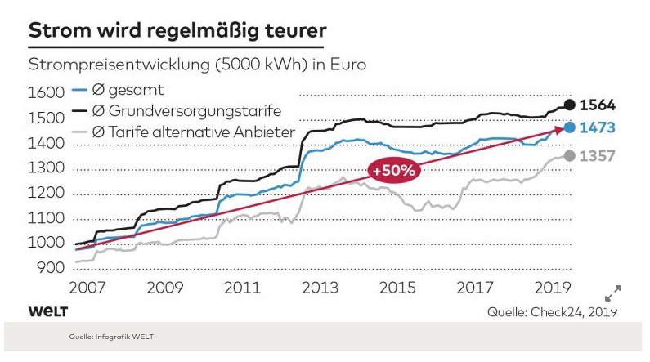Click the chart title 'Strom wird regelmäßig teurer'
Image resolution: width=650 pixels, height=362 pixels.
(177, 30)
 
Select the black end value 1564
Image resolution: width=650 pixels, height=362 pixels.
(597, 105)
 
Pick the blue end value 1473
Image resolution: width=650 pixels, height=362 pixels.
(597, 128)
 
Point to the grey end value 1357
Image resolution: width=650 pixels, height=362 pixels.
(597, 157)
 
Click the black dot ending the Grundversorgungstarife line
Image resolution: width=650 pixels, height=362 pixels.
(569, 105)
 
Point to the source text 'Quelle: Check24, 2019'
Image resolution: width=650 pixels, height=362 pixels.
(552, 312)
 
